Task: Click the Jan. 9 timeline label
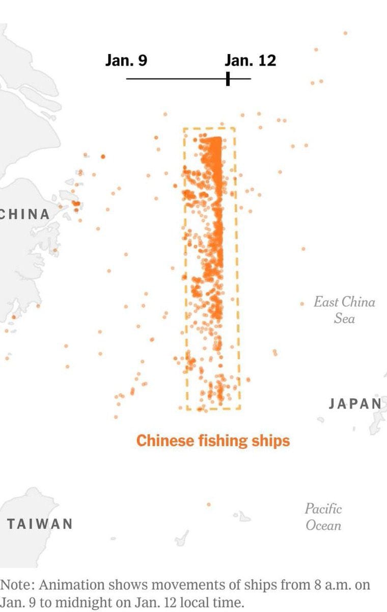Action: pos(126,61)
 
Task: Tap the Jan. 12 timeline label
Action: pos(250,61)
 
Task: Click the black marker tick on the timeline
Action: pos(228,79)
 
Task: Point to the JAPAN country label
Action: pos(355,404)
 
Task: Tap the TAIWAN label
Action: pos(40,524)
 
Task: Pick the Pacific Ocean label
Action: pos(323,517)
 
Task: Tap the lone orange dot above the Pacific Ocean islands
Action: pos(208,504)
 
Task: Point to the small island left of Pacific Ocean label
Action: pos(243,517)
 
